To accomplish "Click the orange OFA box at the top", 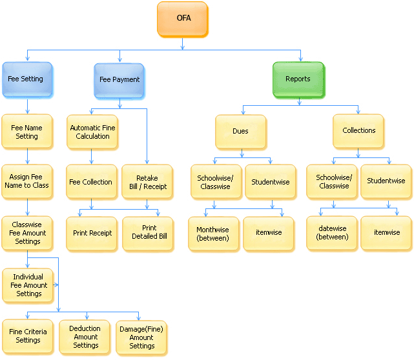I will click(183, 19).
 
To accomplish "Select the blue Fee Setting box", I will click(26, 79).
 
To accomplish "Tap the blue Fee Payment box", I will click(119, 80).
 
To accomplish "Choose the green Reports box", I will click(298, 79).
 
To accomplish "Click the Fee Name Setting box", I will click(26, 132).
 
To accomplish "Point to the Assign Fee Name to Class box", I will click(26, 181).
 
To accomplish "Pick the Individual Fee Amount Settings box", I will click(28, 285).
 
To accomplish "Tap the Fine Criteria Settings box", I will click(28, 336).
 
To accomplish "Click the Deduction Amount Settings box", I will click(85, 336).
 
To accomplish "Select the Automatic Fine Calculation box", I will click(92, 132).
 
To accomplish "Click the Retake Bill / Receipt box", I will click(147, 182).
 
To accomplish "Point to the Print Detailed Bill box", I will click(149, 232).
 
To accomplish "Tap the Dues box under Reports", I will click(240, 131).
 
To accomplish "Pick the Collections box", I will click(358, 131).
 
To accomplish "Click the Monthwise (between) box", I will click(213, 233).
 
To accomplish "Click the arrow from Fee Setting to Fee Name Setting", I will click(26, 105).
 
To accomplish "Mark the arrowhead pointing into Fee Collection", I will click(91, 161).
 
